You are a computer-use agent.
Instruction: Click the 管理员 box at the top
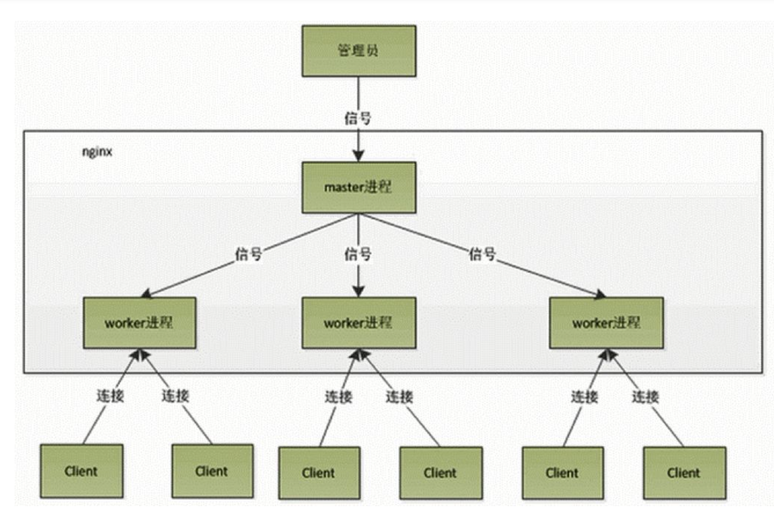coord(358,51)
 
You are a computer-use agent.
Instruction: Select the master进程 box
coord(358,187)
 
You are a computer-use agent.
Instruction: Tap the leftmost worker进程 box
coord(139,323)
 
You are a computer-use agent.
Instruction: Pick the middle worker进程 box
coord(358,323)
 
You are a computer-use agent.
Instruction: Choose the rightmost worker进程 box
coord(606,323)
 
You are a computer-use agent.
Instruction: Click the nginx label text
coord(97,152)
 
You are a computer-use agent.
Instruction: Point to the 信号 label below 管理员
coord(358,118)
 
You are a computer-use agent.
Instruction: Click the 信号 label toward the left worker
coord(249,254)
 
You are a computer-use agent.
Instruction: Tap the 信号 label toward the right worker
coord(482,253)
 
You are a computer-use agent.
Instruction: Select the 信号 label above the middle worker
coord(358,254)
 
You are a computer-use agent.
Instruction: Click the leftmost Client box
coord(81,471)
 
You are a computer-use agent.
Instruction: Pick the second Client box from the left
coord(212,471)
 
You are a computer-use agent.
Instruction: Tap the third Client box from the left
coord(319,473)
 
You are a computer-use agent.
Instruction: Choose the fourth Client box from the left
coord(441,473)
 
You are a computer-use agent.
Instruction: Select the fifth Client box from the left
coord(562,473)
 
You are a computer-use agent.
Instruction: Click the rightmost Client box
coord(684,473)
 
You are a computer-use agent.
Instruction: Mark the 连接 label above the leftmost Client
coord(110,396)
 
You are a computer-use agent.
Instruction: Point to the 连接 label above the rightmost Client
coord(646,397)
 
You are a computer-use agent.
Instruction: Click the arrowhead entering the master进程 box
coord(358,156)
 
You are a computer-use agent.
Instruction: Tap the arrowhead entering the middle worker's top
coord(358,291)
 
